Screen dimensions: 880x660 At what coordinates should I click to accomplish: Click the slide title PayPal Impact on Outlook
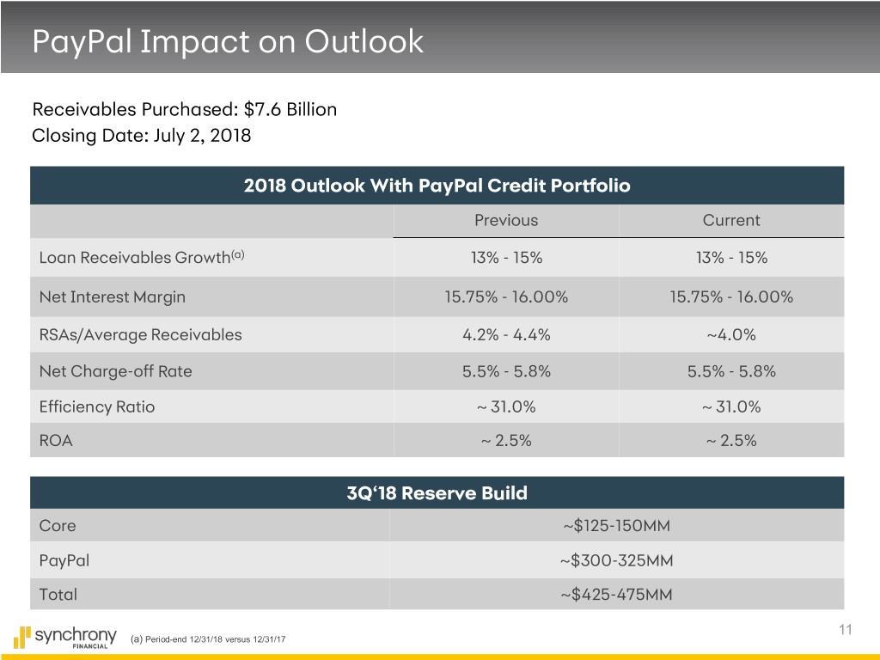tap(228, 41)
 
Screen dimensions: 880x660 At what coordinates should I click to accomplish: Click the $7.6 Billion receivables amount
tap(290, 109)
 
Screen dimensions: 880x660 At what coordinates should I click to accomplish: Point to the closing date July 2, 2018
tap(202, 136)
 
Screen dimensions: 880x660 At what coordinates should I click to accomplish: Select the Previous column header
tap(506, 220)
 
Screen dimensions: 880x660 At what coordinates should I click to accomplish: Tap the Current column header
tap(731, 220)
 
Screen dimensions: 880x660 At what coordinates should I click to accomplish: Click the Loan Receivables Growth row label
tap(142, 257)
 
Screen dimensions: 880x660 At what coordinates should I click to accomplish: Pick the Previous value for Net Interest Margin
tap(506, 296)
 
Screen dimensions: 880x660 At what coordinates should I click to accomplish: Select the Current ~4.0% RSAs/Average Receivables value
tap(731, 334)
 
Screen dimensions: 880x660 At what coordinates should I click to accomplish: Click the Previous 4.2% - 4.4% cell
tap(506, 334)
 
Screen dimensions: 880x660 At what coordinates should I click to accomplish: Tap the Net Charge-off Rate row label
tap(116, 371)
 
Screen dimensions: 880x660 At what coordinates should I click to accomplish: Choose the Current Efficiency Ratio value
tap(731, 406)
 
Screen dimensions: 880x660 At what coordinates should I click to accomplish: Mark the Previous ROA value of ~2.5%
tap(506, 441)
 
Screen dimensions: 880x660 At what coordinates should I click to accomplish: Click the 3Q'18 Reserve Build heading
tap(437, 492)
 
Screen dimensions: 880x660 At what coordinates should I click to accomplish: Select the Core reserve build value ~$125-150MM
tap(617, 525)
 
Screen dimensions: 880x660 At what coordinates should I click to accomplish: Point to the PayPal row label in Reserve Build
tap(64, 560)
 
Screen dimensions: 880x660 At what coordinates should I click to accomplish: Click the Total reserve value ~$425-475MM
tap(617, 595)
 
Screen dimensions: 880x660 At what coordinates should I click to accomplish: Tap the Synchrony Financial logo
tap(65, 637)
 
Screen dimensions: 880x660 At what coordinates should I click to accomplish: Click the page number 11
tap(846, 629)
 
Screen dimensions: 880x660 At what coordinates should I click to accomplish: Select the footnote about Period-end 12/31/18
tap(208, 639)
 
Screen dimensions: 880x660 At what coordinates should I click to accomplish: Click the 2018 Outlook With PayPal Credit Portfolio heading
tap(437, 186)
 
